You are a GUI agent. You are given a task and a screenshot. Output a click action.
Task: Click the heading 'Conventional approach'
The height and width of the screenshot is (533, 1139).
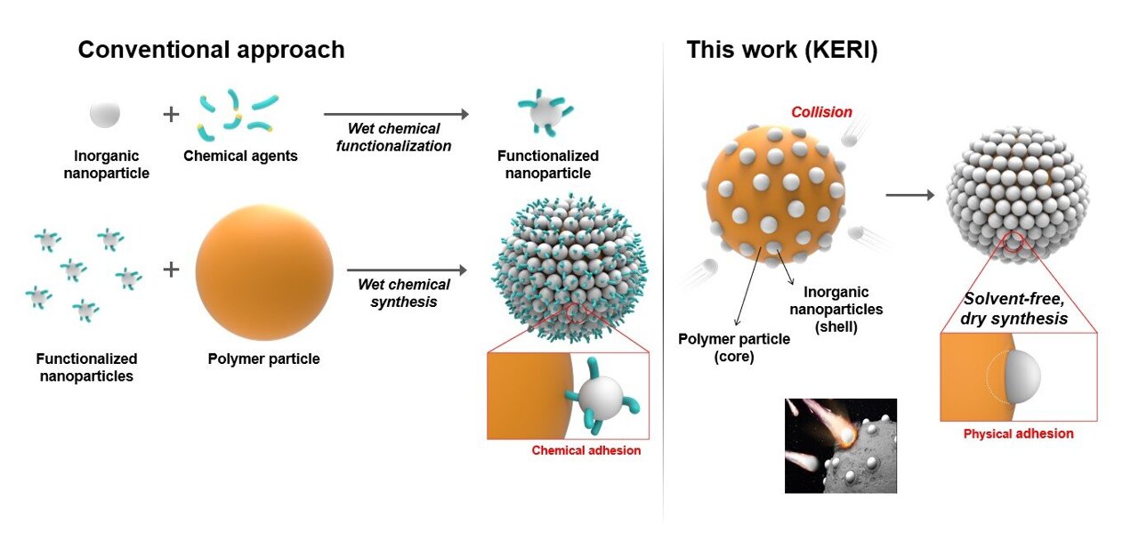tap(211, 49)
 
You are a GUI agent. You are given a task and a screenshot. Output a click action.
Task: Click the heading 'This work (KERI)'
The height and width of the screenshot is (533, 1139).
tap(781, 49)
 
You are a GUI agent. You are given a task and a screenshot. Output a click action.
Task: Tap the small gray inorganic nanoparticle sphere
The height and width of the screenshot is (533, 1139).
tap(105, 114)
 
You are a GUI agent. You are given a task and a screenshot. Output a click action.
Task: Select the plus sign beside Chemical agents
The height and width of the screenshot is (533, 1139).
tap(170, 115)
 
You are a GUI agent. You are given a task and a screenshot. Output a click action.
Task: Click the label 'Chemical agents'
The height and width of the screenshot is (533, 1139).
tap(240, 157)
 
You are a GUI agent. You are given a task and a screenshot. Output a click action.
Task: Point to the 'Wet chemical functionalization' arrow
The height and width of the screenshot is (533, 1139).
tap(395, 115)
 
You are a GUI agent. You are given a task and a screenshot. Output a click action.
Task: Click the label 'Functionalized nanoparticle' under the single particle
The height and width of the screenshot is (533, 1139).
tap(547, 165)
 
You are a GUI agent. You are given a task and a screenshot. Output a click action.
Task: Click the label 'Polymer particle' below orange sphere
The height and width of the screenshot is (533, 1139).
tap(264, 359)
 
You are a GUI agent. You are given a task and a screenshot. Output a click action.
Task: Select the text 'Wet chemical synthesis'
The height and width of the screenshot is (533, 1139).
tap(403, 293)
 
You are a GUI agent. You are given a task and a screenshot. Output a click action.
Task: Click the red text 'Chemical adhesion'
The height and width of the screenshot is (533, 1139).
tap(586, 450)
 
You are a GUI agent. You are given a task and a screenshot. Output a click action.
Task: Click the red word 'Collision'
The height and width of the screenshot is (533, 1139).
tap(821, 112)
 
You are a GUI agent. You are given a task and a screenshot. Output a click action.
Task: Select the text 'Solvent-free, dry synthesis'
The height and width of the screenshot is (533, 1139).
tap(1015, 308)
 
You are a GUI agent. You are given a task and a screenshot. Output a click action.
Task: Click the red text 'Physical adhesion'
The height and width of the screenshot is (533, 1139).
tap(1018, 434)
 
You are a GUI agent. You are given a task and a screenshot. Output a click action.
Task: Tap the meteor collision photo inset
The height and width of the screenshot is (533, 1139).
tap(840, 446)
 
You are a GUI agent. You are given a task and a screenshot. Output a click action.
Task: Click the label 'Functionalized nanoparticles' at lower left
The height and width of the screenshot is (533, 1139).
tap(86, 367)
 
